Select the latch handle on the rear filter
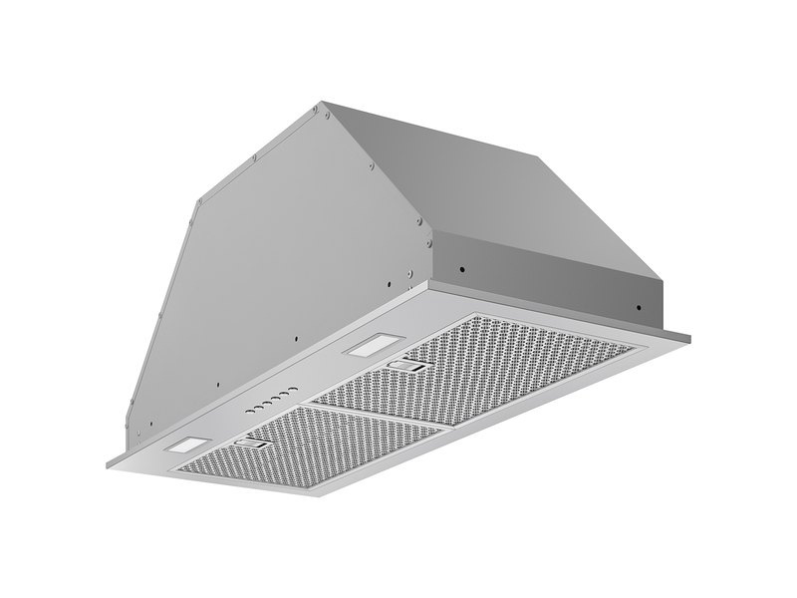pyautogui.click(x=407, y=367)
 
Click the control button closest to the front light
pyautogui.click(x=245, y=412)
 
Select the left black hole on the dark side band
pyautogui.click(x=462, y=268)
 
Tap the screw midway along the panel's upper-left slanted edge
pyautogui.click(x=256, y=156)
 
